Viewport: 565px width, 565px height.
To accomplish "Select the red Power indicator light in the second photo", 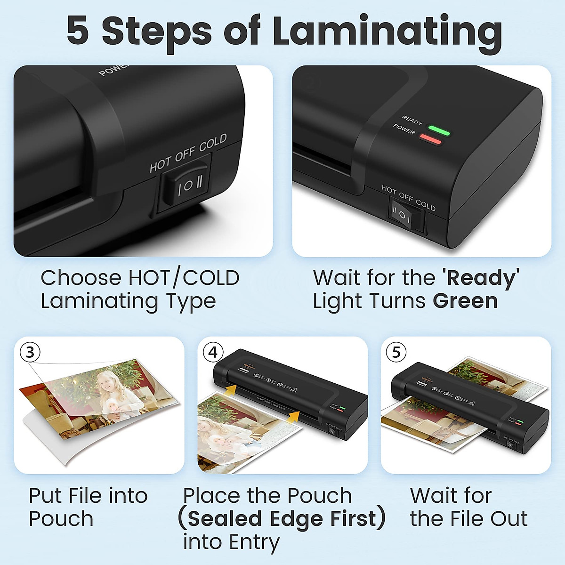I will tap(430, 140).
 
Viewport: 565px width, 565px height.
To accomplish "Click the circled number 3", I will tap(30, 352).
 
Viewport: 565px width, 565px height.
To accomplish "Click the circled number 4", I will tap(213, 352).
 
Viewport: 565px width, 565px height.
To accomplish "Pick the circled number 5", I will tap(396, 352).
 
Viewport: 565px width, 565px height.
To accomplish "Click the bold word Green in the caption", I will tap(465, 301).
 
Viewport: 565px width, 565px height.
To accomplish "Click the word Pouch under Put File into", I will tap(61, 518).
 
